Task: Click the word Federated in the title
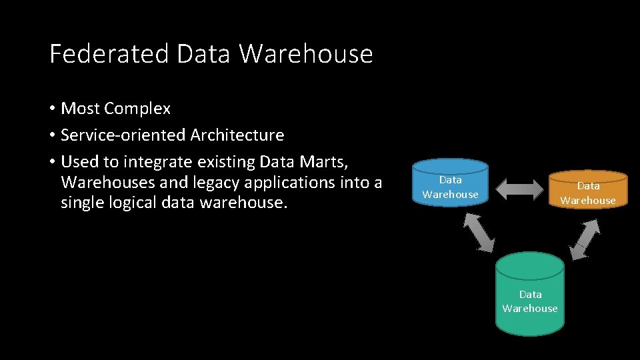coord(109,53)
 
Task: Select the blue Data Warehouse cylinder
coord(450,184)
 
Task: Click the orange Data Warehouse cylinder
coord(587,191)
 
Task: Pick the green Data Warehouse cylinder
coord(529,297)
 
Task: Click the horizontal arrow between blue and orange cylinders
coord(521,189)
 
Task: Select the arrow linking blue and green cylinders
coord(479,231)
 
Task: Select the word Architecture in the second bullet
coord(237,135)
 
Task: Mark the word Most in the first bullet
coord(80,108)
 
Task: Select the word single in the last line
coord(81,201)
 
